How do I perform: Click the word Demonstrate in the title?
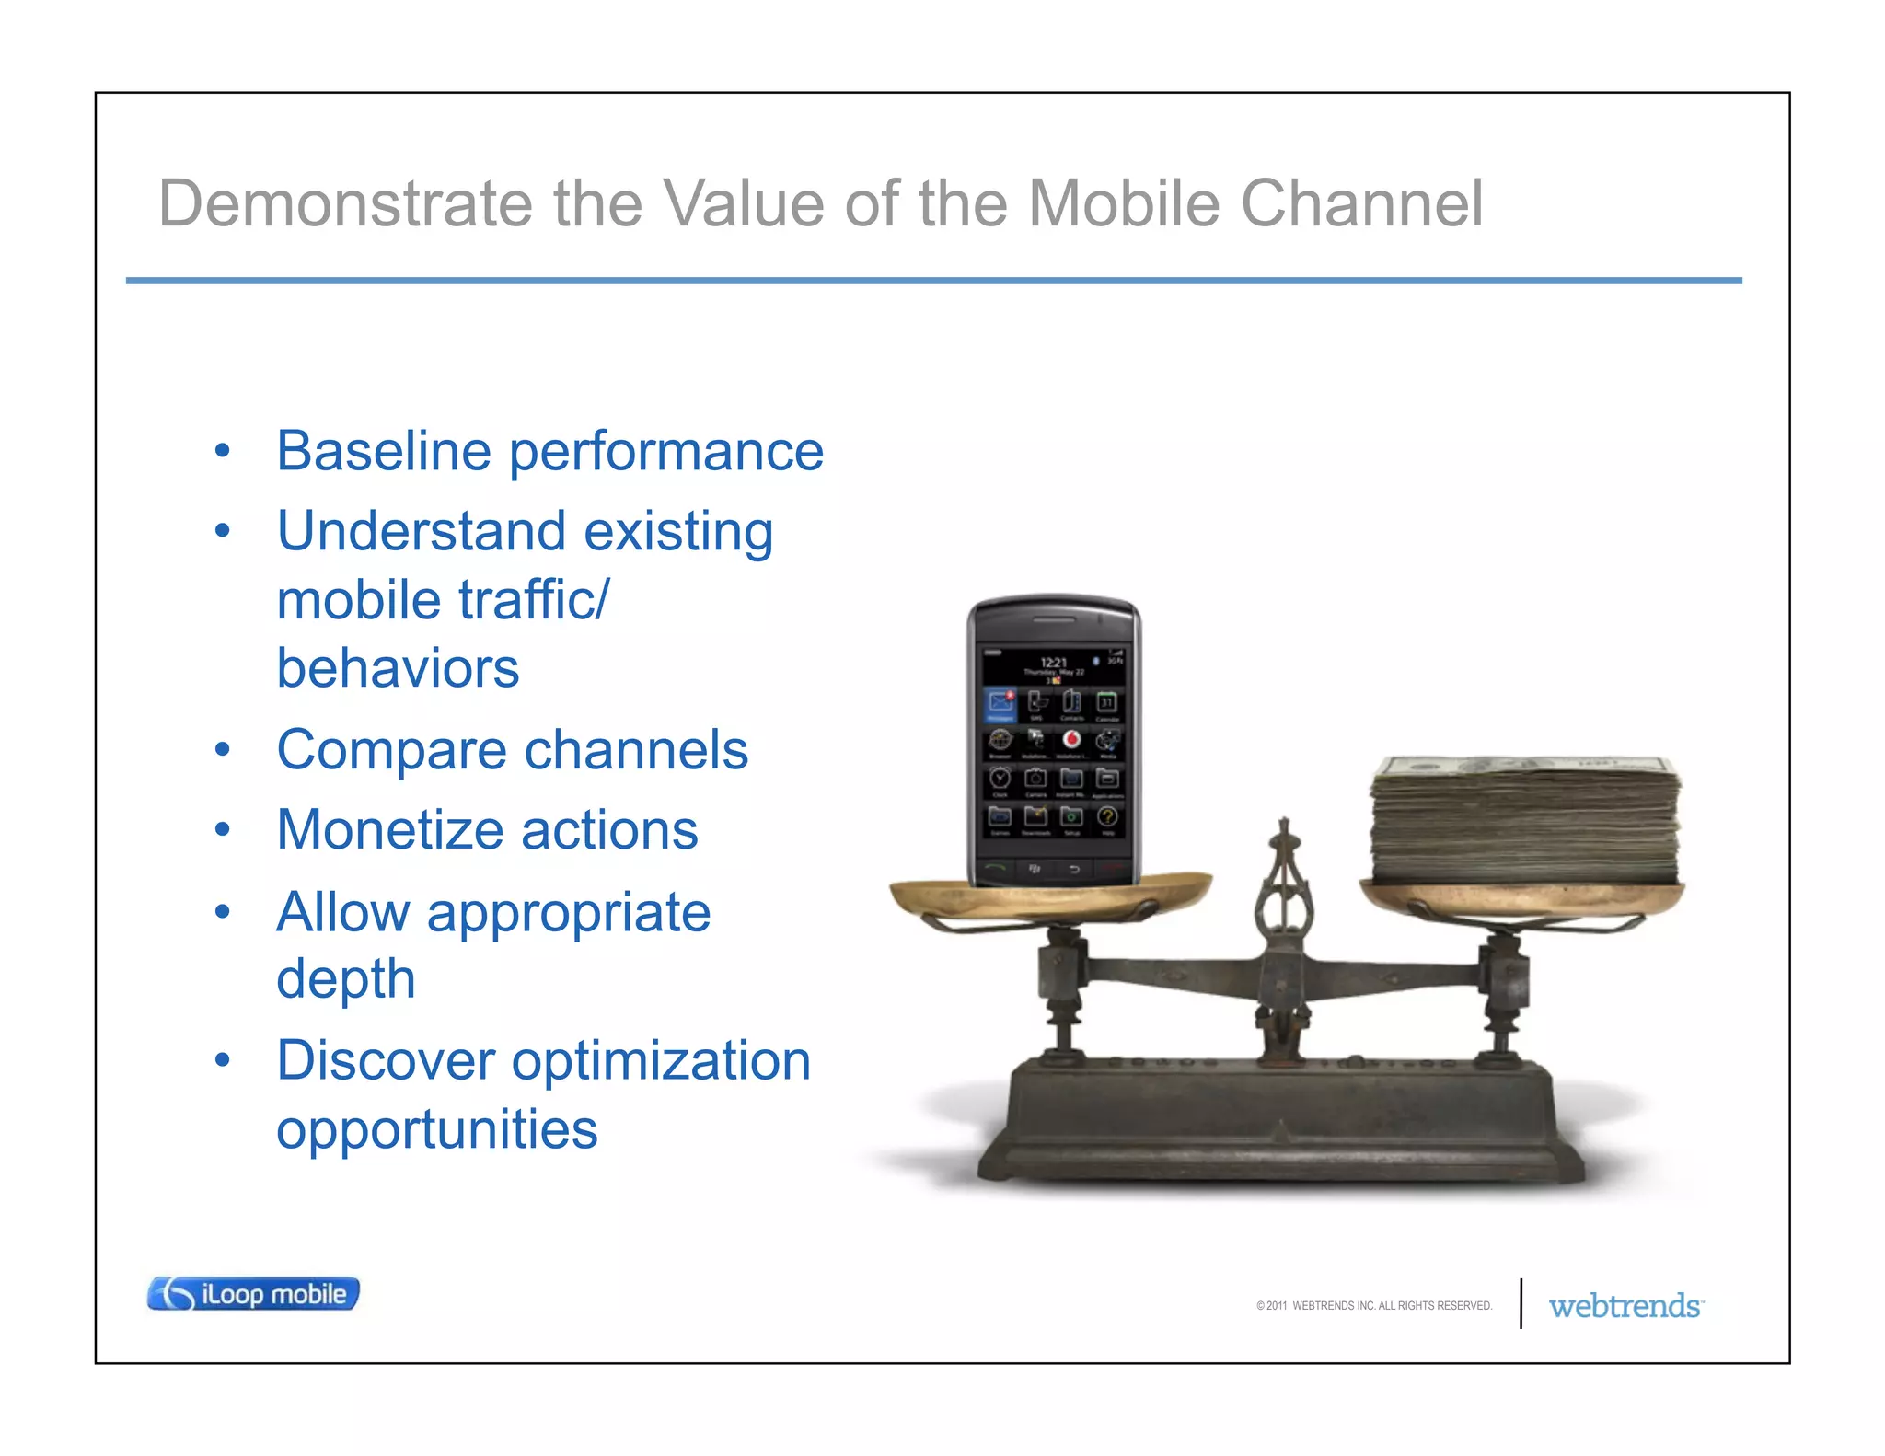pos(345,203)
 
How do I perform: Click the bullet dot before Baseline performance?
pos(222,451)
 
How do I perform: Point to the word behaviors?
pos(398,668)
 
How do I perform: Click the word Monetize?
pos(390,830)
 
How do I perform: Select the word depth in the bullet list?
pos(345,978)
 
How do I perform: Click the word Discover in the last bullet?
pos(385,1060)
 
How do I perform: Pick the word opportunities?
pos(436,1130)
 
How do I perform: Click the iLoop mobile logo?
pos(253,1294)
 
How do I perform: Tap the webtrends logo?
pos(1625,1306)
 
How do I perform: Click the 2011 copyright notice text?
pos(1373,1306)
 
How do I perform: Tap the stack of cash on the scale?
pos(1525,819)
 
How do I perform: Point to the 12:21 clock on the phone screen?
pos(1053,663)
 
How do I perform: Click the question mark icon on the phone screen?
pos(1107,816)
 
